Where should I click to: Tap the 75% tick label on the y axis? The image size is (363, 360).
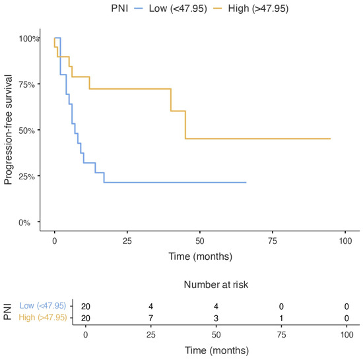pos(26,84)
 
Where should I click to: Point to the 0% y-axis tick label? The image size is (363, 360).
pos(24,223)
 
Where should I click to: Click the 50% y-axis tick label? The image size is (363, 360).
pos(26,131)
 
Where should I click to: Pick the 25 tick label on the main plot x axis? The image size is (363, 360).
pos(127,241)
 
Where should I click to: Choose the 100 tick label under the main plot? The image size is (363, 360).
pos(345,241)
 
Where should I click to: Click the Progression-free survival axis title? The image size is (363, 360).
pos(8,130)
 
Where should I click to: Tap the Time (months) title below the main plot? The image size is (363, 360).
pos(200,256)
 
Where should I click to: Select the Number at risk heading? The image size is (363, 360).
pos(216,285)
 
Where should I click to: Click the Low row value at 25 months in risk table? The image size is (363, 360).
pos(150,307)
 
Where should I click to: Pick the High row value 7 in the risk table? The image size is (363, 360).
pos(150,318)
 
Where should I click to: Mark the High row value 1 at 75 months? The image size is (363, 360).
pos(281,318)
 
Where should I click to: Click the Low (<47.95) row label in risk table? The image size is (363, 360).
pos(43,306)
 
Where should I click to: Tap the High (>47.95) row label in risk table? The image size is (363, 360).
pos(43,317)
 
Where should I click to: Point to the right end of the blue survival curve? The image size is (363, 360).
pos(246,183)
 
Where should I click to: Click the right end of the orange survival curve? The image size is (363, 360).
pos(331,138)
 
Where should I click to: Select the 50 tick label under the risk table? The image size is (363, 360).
pos(216,335)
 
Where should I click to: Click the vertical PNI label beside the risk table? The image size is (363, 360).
pos(8,312)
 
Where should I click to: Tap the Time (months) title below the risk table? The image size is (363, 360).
pos(217,351)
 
